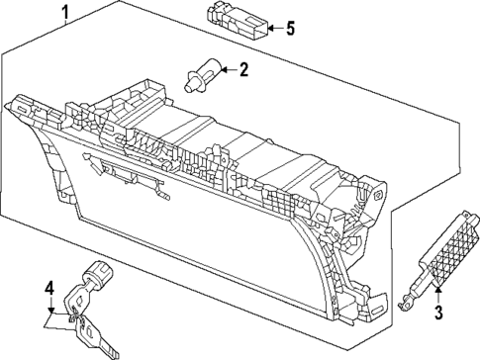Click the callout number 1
(65, 13)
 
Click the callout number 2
(242, 69)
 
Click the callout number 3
(436, 314)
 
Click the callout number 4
(48, 289)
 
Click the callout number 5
(290, 28)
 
